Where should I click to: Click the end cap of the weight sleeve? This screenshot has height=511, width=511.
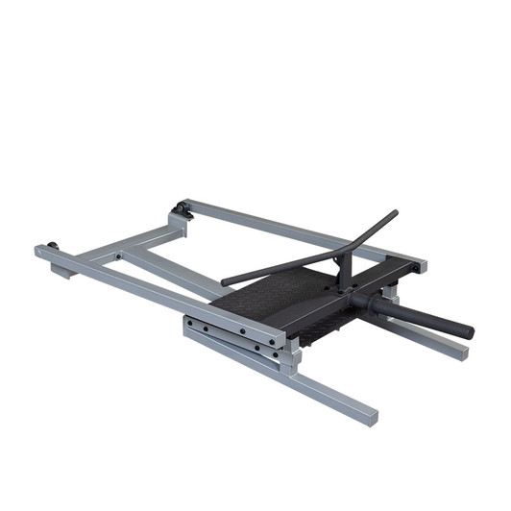468,331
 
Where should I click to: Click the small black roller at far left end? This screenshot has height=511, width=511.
52,246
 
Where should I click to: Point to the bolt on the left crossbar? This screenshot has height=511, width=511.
117,256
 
